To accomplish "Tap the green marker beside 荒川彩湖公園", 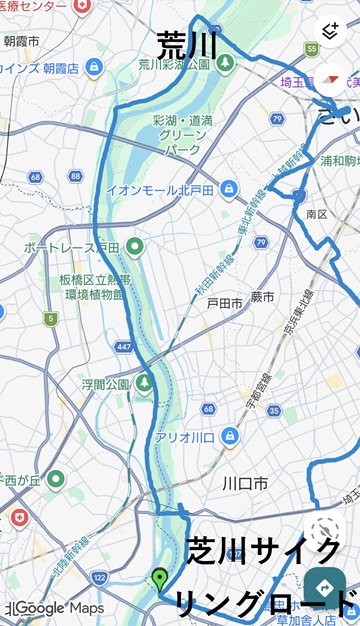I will [x=226, y=63].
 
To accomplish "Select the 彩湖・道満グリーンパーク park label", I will [x=183, y=136].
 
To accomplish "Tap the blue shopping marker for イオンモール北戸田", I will [x=229, y=188].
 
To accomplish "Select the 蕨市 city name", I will [x=263, y=297].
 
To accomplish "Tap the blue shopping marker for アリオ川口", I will [x=229, y=436].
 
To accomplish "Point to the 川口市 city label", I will [x=245, y=483].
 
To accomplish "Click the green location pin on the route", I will [x=159, y=577].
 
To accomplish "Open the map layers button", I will [x=329, y=31].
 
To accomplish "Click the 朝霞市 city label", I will [x=21, y=41].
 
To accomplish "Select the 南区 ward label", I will [x=317, y=214].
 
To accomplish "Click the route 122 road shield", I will [x=98, y=577].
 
